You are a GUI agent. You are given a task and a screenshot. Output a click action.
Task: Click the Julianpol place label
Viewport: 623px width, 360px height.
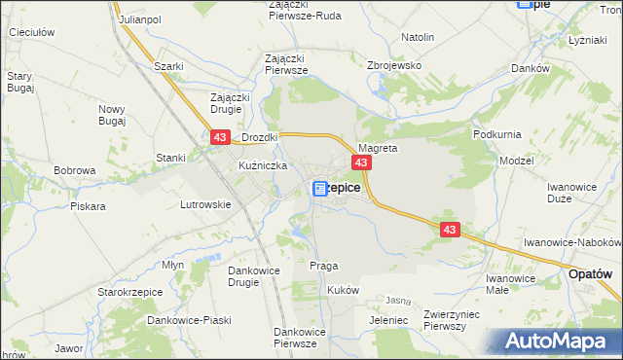point(139,18)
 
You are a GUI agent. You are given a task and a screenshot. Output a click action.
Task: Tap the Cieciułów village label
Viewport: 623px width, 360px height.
point(29,32)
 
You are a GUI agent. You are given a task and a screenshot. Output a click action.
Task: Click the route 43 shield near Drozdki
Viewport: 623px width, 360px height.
point(219,140)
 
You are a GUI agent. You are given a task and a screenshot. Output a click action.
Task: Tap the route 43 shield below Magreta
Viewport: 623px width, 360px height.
point(361,162)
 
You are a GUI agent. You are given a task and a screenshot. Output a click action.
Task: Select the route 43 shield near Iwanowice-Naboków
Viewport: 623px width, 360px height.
point(449,230)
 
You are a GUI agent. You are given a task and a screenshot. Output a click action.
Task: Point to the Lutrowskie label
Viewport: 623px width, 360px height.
point(204,204)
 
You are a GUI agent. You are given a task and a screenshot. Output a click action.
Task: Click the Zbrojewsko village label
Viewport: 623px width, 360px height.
point(393,65)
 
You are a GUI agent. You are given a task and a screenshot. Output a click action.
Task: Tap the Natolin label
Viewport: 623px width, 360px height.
point(418,37)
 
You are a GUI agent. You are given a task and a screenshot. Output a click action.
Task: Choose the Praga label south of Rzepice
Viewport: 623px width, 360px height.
point(323,266)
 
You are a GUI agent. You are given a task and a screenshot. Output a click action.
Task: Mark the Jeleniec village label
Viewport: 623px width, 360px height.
point(388,319)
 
